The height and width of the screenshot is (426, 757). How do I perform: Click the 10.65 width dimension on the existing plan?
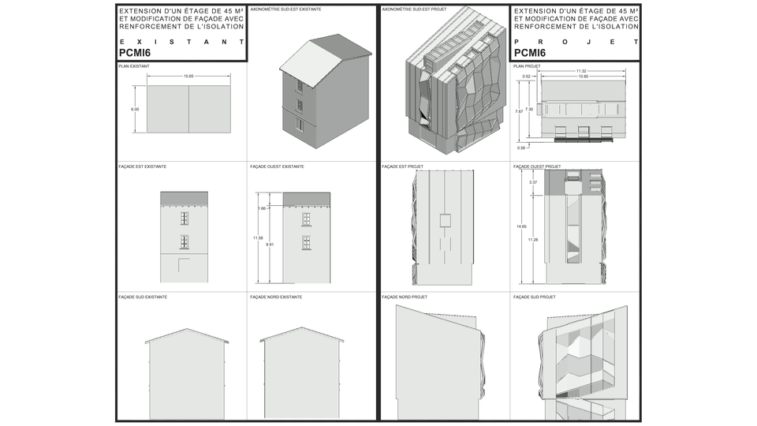tap(188, 76)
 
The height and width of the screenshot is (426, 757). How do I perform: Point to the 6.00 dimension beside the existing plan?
tap(135, 109)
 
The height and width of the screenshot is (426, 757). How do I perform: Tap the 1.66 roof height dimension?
tap(261, 208)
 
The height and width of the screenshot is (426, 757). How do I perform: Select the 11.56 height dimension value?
tap(258, 237)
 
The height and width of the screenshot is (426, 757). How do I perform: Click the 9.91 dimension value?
tap(270, 245)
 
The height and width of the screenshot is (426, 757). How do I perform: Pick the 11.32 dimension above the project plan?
tap(581, 71)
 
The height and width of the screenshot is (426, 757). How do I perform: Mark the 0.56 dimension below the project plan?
tap(521, 148)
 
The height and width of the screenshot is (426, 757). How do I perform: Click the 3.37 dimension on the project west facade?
tap(532, 182)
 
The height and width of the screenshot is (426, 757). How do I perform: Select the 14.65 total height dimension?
tap(521, 226)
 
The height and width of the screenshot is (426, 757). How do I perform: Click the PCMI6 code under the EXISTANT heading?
tap(135, 53)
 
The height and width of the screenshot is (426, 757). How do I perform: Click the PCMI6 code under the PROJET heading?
tap(530, 53)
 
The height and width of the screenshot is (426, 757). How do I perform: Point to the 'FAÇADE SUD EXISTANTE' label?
tap(142, 297)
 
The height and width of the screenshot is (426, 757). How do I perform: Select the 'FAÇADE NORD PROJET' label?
tap(402, 297)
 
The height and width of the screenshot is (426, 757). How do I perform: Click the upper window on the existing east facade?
tap(184, 218)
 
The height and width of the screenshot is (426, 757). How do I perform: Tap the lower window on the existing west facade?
tap(306, 242)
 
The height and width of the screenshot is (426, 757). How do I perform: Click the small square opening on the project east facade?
tap(445, 219)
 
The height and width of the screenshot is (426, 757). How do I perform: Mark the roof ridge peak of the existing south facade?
tap(186, 329)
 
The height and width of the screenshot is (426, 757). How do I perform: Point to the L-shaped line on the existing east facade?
tap(183, 262)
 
